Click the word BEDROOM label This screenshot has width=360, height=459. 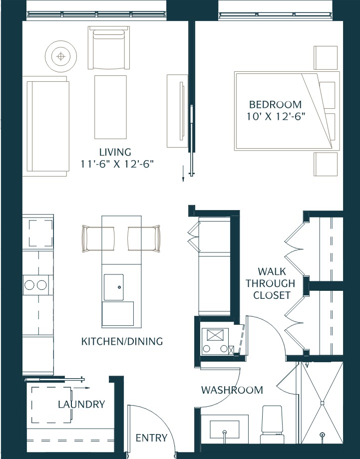(275, 105)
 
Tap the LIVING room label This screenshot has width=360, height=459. (115, 152)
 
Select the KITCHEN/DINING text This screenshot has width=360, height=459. (122, 342)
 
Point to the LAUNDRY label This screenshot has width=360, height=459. (81, 404)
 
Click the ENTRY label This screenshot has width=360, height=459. (151, 438)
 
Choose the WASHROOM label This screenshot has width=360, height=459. (232, 390)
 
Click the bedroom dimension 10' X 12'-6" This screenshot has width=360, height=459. (275, 116)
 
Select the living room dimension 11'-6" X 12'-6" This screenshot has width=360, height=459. (116, 164)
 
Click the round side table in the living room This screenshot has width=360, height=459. (61, 56)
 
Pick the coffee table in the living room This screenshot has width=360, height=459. (110, 107)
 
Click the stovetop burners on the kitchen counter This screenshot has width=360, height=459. (35, 285)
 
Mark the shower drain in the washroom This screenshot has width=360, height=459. (322, 402)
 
